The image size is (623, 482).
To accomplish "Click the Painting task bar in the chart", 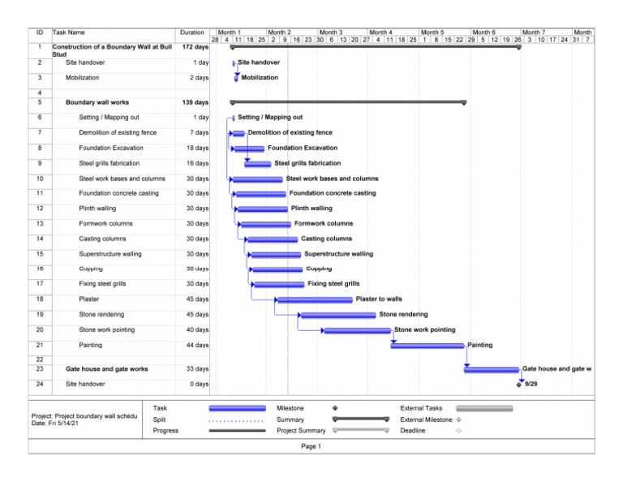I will tap(428, 346).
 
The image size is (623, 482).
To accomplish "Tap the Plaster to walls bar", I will tap(314, 299).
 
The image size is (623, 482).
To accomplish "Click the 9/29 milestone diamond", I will tap(519, 385).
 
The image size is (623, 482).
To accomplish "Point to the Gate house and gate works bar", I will tap(492, 369).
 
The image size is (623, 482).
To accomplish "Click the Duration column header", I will tap(192, 32).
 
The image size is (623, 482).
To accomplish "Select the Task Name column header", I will tap(69, 32).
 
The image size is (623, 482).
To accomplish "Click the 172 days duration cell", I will tap(195, 47).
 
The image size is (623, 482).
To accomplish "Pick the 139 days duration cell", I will tap(195, 103).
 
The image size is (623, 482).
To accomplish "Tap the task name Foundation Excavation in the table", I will tap(111, 148).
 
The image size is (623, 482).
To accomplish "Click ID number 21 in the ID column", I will tap(40, 345).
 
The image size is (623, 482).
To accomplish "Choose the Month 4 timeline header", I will tap(381, 32).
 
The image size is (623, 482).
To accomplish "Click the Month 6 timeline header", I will tap(483, 32).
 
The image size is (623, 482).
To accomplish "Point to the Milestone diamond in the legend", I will tap(334, 407).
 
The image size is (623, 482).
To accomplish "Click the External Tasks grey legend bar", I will tap(483, 407).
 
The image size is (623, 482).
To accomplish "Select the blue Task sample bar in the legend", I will tap(237, 407).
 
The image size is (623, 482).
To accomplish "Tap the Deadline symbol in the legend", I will tap(458, 431).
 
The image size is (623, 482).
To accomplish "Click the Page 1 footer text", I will tap(311, 446).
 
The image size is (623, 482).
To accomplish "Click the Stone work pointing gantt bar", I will tap(357, 330).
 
